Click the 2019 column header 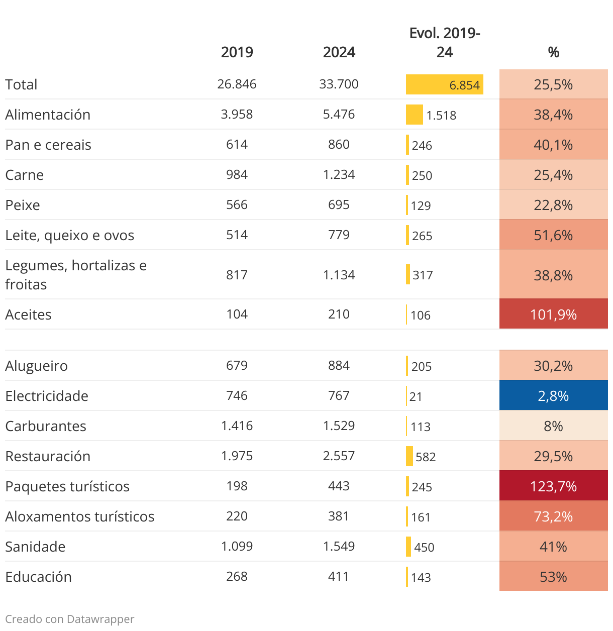(237, 52)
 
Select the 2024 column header (339, 52)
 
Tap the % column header (553, 52)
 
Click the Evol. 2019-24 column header (445, 43)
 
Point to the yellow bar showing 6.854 (444, 84)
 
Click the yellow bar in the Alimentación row (415, 115)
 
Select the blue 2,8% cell (553, 396)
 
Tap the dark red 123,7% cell (553, 486)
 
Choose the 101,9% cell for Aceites (553, 314)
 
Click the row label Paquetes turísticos (67, 486)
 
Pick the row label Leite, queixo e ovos (69, 235)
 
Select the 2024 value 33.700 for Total (339, 84)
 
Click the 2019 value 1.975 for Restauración (237, 456)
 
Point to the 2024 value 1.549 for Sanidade (339, 546)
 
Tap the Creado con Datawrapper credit (70, 619)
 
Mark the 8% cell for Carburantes (553, 426)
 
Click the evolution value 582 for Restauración (426, 457)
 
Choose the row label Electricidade (47, 396)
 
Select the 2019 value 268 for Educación (237, 576)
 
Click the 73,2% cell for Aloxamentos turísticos (553, 516)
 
